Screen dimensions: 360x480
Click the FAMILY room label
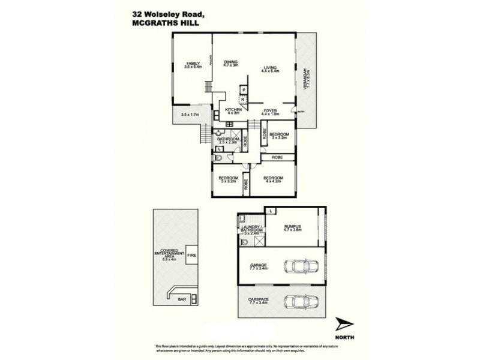pos(192,64)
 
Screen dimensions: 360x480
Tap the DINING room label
pos(232,62)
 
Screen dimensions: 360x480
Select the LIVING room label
pos(271,68)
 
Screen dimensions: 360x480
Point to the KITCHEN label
pos(233,110)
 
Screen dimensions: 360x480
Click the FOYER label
pos(270,111)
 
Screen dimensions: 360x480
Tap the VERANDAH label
pos(306,78)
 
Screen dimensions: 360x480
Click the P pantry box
pos(244,90)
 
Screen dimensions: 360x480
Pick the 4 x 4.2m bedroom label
pos(273,179)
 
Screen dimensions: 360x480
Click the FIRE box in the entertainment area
pos(193,255)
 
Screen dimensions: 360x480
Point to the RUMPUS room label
pos(293,227)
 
